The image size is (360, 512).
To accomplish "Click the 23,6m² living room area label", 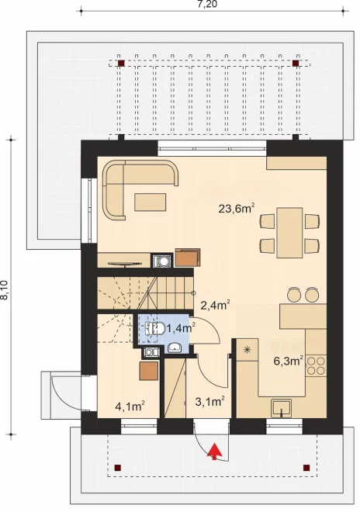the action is [x=236, y=208].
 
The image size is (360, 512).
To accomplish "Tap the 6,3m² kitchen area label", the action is [x=289, y=361].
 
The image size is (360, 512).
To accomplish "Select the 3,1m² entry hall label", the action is [x=209, y=401].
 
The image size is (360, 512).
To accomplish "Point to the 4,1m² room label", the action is [x=130, y=406].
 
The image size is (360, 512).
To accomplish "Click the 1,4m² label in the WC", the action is [x=181, y=328].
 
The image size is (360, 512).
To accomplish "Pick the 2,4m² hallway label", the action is [x=215, y=305].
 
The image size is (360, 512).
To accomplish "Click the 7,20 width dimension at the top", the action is [x=207, y=4].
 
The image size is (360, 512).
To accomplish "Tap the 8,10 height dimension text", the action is [x=5, y=290].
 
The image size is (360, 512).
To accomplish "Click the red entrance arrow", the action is [x=214, y=451].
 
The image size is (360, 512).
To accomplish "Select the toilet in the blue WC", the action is [x=155, y=328].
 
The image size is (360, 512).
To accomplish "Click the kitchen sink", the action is [x=282, y=408].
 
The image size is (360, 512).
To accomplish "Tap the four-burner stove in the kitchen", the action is [x=316, y=365].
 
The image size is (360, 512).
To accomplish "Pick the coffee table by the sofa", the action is [x=151, y=202].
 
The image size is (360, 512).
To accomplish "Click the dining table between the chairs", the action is [x=289, y=233].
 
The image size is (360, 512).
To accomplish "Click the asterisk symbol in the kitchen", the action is [x=247, y=350].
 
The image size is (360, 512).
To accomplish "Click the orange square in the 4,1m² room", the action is [x=149, y=371].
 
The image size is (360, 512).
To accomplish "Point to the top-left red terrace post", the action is [x=121, y=64].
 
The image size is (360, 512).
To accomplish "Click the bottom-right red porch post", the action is [x=306, y=468].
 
